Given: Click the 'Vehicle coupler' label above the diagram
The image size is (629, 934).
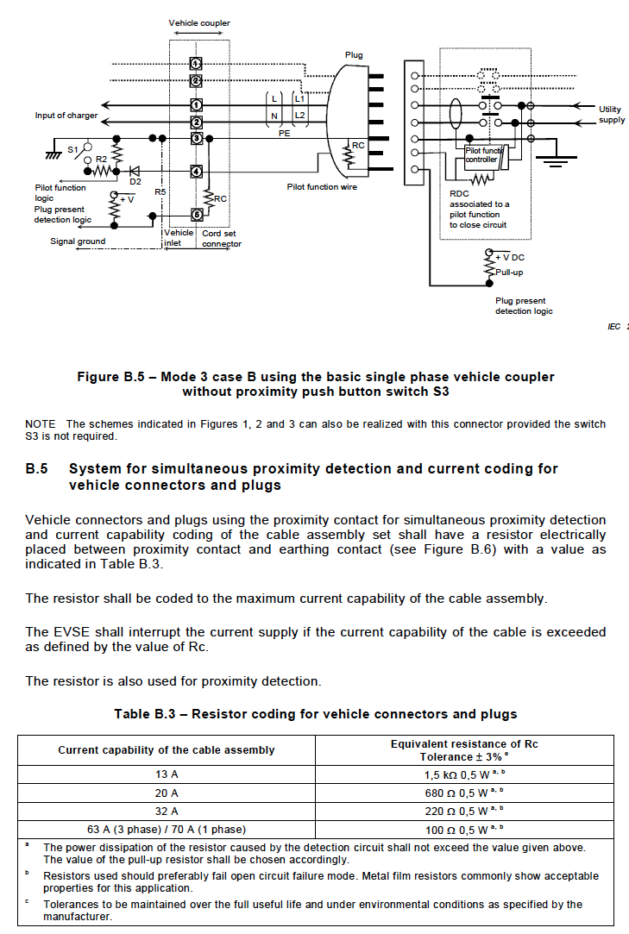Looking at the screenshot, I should pos(199,22).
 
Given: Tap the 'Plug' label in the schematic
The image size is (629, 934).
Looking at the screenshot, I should pos(354,54).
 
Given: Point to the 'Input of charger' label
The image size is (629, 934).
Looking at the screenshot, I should pos(66,116).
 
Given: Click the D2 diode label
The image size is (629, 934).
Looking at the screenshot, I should pos(135,181).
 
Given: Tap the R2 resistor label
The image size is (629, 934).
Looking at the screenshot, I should pos(101,159).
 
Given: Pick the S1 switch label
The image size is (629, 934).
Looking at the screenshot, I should pos(73,150).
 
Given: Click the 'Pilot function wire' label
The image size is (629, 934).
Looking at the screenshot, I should pos(322,186).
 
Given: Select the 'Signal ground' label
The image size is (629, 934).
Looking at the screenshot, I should pos(78,241).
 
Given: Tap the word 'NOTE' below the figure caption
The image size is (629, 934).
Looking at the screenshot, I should pos(41,424).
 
